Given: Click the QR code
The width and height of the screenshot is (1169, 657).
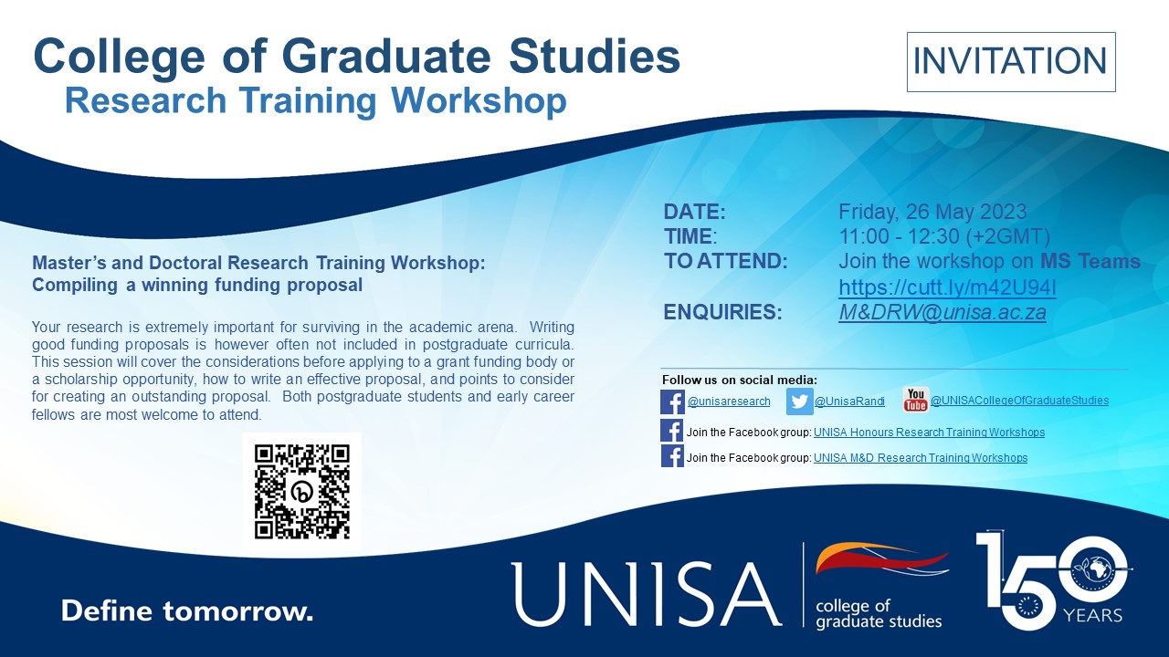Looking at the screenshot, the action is (x=302, y=491).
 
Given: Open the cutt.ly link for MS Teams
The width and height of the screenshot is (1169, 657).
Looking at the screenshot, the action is (x=947, y=287).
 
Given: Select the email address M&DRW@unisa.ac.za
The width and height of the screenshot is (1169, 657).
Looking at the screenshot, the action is (x=943, y=312).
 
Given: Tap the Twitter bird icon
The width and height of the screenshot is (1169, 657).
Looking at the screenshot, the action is (x=799, y=401).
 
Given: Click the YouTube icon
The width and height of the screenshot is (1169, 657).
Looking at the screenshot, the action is (x=915, y=400).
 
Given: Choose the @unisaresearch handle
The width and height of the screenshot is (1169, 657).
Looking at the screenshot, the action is (x=729, y=401).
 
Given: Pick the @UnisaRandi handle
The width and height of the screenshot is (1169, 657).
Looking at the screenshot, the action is (x=849, y=401).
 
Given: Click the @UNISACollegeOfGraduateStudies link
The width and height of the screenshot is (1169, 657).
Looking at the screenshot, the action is (x=1020, y=401).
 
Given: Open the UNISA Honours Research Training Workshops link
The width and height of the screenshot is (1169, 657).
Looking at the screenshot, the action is (x=929, y=433).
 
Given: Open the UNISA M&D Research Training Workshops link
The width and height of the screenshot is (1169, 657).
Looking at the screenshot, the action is (x=921, y=458).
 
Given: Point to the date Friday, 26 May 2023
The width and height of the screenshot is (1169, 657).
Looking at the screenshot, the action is (x=932, y=212).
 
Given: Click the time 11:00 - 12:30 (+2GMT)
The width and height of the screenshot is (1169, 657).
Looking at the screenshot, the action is (x=944, y=236).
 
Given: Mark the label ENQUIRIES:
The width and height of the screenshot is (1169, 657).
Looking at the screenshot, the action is (x=722, y=312).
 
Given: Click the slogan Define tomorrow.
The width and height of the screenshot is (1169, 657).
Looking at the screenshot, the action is (x=187, y=610).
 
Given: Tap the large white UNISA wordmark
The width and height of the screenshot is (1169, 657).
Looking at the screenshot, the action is (x=646, y=594).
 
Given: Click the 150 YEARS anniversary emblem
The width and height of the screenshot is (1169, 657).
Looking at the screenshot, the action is (x=1054, y=579).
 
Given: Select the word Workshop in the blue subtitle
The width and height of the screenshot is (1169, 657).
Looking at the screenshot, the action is (x=479, y=100).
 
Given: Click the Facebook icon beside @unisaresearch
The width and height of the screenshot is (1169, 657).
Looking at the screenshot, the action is (x=673, y=402).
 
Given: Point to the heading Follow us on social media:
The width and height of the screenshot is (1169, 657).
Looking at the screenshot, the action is (x=740, y=380).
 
